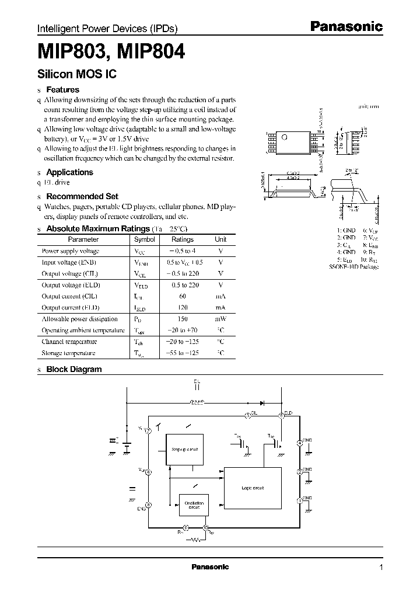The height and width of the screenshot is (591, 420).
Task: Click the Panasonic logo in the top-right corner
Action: [345, 26]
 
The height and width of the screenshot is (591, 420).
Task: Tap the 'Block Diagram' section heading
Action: [73, 369]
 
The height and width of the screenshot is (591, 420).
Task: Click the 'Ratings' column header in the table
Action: [183, 239]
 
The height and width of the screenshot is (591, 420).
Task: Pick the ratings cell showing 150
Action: [183, 319]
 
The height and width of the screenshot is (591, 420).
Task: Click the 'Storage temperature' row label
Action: [69, 353]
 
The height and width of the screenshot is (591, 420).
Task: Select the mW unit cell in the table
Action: [220, 319]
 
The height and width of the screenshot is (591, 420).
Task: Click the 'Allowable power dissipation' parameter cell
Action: [79, 319]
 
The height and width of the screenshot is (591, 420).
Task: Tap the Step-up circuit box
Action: [185, 449]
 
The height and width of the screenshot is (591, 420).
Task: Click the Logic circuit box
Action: [253, 487]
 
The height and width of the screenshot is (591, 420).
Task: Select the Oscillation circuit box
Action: [194, 505]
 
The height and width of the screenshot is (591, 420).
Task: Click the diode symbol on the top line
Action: [262, 402]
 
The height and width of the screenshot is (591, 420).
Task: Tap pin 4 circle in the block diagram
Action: [299, 443]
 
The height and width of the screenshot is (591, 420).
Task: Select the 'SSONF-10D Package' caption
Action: [354, 267]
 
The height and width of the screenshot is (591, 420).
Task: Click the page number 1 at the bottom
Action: [381, 568]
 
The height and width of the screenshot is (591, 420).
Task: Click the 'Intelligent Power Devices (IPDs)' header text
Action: [107, 29]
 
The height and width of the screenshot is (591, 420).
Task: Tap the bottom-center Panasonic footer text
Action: [210, 567]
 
